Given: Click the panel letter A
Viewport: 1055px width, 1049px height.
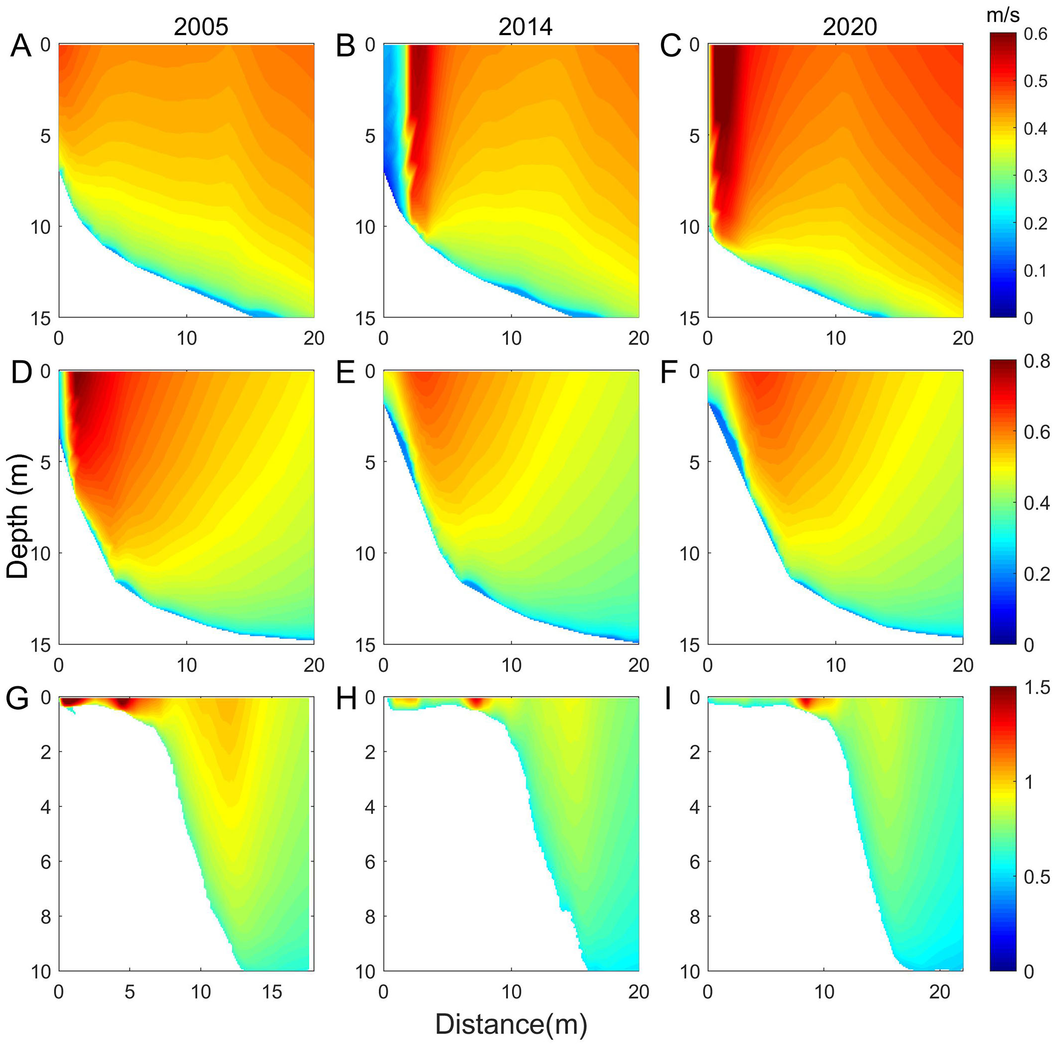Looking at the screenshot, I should [21, 46].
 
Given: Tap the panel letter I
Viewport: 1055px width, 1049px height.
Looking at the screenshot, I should [667, 699].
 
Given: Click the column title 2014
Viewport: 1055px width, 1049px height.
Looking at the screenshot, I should [525, 27].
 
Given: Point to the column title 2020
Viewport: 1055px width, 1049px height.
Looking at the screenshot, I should [850, 27].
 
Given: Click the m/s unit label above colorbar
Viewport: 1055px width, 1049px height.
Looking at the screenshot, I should [1002, 16].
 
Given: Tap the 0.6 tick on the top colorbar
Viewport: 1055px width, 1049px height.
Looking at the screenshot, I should [1035, 34].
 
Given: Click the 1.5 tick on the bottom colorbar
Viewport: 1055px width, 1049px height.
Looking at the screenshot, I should [1036, 688].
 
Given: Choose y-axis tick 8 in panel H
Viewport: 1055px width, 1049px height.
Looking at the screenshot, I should [370, 916].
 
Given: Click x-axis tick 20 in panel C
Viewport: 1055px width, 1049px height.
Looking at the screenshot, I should [963, 338].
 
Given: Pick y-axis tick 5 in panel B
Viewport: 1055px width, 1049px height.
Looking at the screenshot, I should [370, 136].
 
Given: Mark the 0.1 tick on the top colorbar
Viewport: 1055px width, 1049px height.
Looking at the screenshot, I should [1035, 271].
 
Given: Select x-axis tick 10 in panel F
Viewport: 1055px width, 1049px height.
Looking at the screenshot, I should [835, 664].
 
